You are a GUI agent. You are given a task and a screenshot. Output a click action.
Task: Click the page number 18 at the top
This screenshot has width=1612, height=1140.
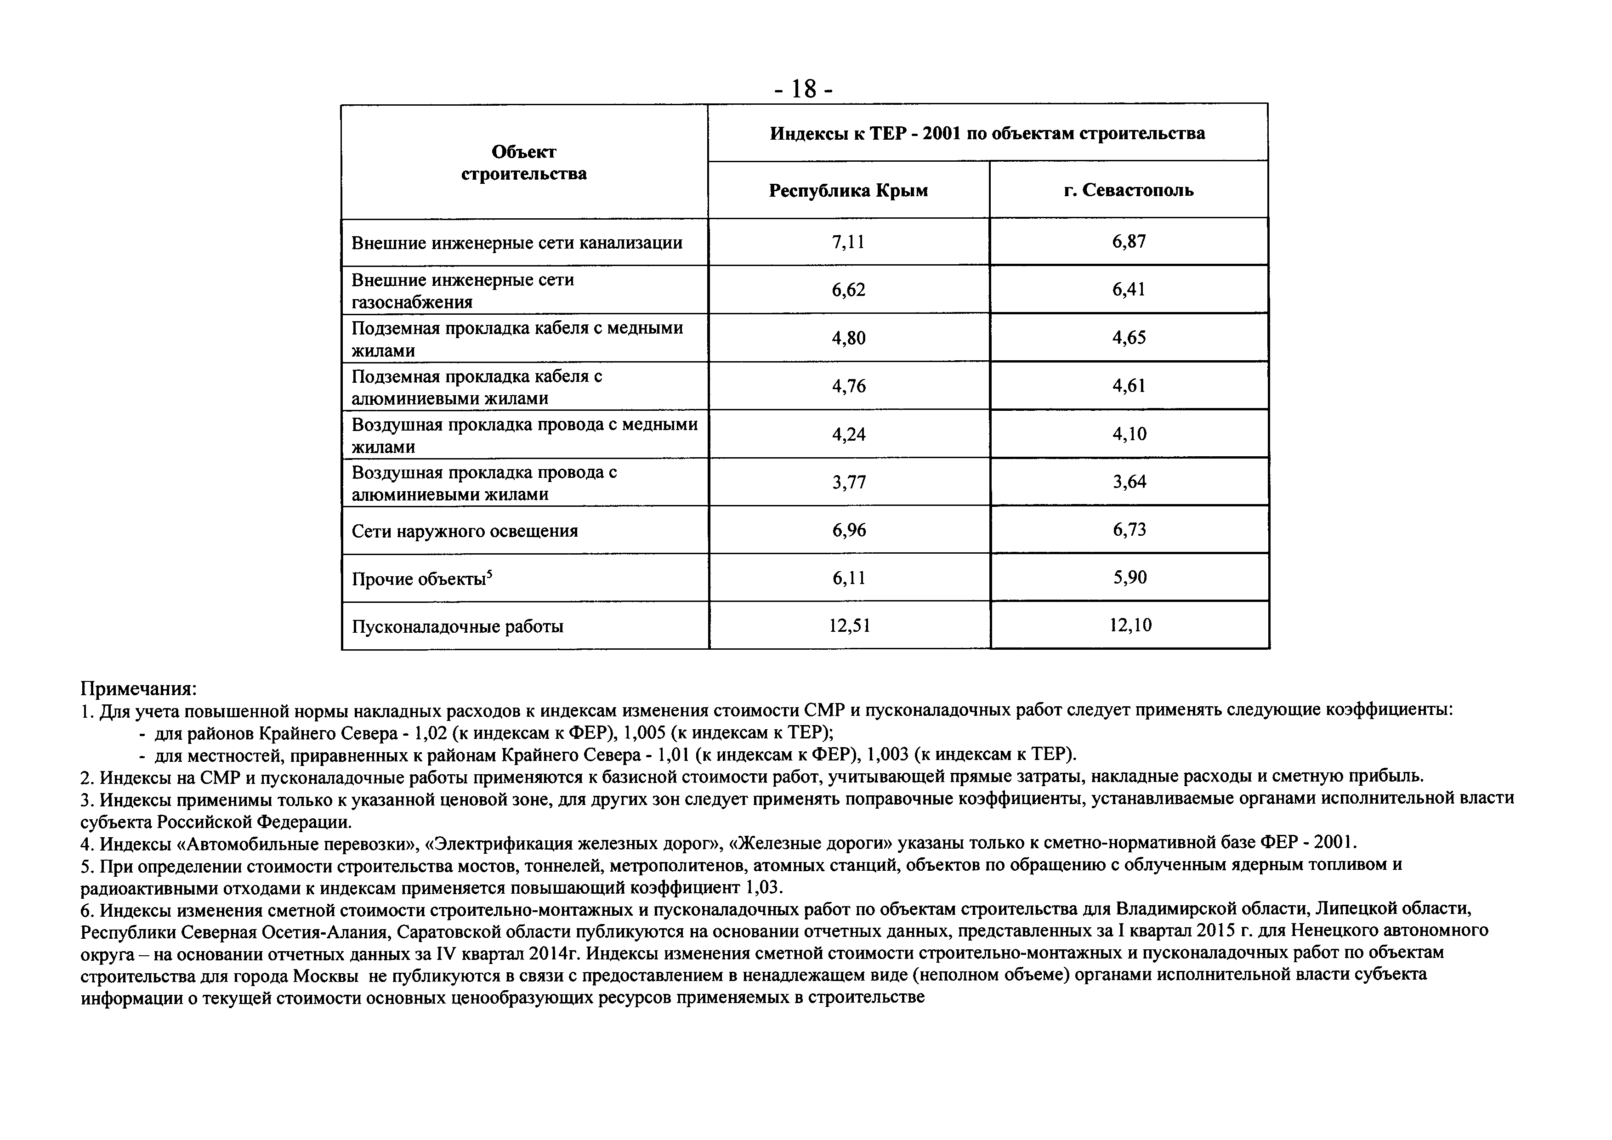803,89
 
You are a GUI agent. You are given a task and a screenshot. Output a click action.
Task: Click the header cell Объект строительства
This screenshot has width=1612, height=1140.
524,163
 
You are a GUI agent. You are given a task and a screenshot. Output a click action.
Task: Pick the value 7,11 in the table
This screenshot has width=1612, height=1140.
848,242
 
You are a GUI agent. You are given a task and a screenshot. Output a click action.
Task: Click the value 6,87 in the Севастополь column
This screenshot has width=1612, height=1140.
1129,242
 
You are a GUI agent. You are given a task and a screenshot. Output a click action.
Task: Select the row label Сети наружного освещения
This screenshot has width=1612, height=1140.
465,531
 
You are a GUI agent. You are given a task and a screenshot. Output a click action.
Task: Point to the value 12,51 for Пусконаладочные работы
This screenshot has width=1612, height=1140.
849,625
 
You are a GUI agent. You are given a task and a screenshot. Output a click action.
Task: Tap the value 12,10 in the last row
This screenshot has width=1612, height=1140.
1130,625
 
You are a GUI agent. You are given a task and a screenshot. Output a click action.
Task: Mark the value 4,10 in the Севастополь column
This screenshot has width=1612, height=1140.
1129,434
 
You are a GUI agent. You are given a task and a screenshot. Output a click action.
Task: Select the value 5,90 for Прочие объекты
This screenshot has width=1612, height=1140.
1129,577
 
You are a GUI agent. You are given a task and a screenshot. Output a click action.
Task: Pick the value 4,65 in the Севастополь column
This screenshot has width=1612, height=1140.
1129,338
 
